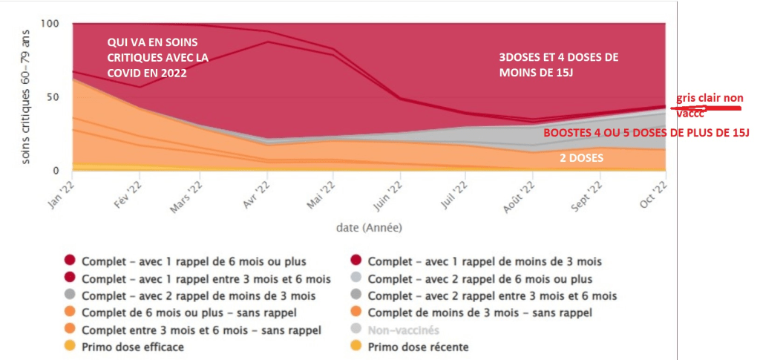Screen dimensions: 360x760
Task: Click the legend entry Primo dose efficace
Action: tap(133, 347)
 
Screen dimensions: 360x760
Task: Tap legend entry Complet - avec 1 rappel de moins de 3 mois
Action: tap(485, 261)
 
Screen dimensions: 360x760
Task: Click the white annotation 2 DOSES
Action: tap(581, 158)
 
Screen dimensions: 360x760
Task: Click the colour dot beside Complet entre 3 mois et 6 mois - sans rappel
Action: tap(70, 330)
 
